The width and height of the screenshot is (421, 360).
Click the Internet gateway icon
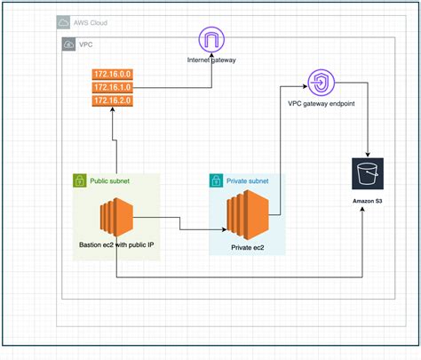pos(211,41)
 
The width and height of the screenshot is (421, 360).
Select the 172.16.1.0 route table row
pos(113,89)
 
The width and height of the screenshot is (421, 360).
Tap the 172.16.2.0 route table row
pos(113,101)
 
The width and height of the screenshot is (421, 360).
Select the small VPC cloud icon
pos(68,43)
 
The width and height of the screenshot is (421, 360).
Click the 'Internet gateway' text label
pos(211,60)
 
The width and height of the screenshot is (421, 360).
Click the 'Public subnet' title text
pos(111,180)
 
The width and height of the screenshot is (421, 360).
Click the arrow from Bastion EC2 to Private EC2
pos(178,229)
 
